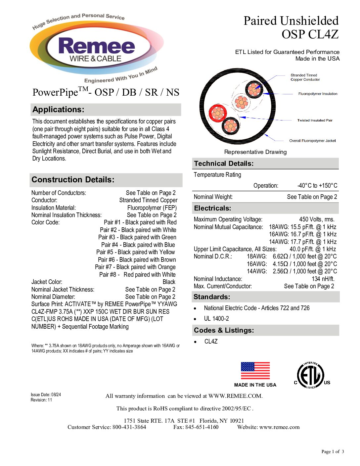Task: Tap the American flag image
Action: [x=255, y=371]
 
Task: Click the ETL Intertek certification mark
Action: [x=310, y=375]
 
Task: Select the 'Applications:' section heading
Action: [x=59, y=110]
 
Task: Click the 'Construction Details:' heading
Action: [x=73, y=180]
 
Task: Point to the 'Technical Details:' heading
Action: [x=224, y=163]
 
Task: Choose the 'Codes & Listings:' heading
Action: [x=224, y=330]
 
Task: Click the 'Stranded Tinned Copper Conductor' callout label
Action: [x=305, y=77]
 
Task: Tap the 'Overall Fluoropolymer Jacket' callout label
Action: [x=312, y=141]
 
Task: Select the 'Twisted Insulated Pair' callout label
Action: [x=315, y=120]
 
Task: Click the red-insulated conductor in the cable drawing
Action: [x=217, y=113]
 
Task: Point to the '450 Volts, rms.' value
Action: [x=317, y=219]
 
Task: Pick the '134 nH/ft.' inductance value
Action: [x=323, y=279]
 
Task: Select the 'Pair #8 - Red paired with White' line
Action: [x=137, y=275]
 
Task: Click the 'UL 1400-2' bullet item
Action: [x=216, y=319]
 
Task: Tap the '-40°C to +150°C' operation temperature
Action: [x=317, y=186]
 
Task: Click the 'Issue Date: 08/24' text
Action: [x=46, y=395]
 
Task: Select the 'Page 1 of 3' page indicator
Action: [x=333, y=451]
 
